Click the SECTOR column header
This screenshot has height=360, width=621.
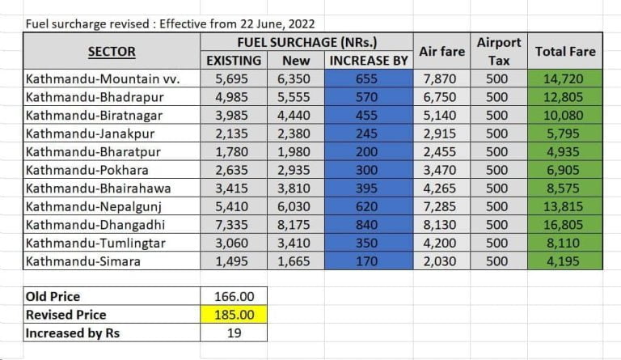tap(112, 52)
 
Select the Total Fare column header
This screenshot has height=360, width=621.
tap(565, 52)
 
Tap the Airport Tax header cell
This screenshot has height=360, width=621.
tap(499, 51)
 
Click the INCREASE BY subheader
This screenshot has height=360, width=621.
tap(368, 61)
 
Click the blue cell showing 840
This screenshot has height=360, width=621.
tap(368, 242)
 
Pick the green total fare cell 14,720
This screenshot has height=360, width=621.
tap(564, 79)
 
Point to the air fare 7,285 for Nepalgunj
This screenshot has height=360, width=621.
tap(442, 224)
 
